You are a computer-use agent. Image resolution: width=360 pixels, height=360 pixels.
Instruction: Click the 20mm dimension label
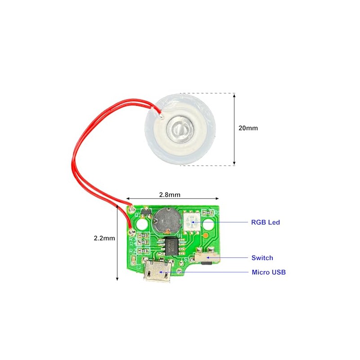248,128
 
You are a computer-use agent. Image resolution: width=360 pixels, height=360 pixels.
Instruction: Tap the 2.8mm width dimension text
170,195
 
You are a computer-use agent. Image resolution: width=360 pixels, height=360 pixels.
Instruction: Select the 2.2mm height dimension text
103,238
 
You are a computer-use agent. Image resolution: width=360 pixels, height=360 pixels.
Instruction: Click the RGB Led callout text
265,222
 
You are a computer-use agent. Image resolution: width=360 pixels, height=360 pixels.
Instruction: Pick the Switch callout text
262,258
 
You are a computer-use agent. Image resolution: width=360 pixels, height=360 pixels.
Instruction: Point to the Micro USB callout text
268,272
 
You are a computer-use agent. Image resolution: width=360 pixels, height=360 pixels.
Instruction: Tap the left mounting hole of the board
143,223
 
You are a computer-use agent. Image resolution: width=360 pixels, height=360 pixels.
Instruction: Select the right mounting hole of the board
210,224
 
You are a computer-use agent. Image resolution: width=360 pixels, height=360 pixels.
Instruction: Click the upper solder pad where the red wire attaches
132,209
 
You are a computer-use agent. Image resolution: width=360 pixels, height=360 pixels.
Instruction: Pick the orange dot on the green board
205,236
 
